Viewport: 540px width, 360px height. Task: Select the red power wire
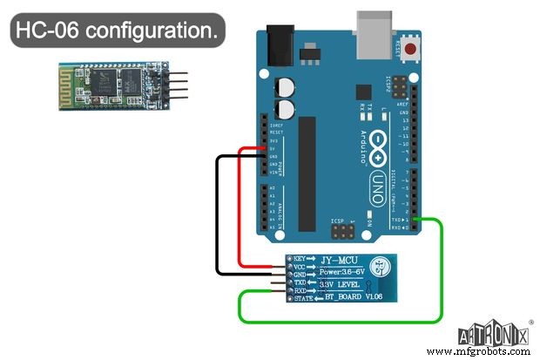tap(238, 209)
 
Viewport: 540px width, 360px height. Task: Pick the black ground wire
tap(217, 218)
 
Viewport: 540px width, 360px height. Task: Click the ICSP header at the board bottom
tap(343, 234)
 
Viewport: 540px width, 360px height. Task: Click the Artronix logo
tap(492, 333)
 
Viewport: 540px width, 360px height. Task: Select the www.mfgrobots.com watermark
tap(488, 352)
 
